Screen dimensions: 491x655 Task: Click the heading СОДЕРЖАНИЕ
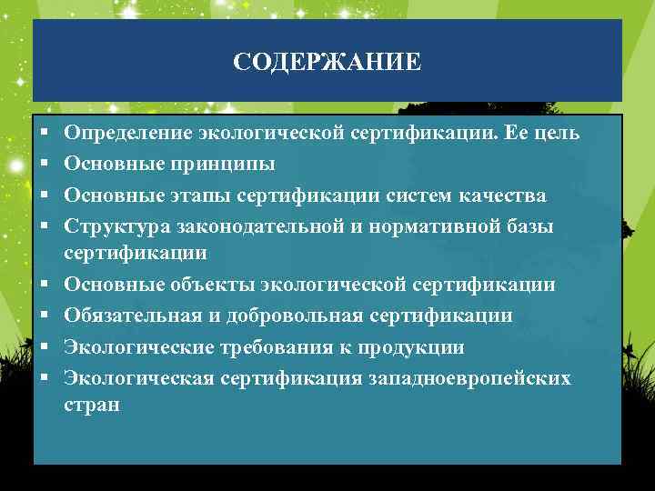(327, 62)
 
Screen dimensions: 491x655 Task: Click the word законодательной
(239, 225)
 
